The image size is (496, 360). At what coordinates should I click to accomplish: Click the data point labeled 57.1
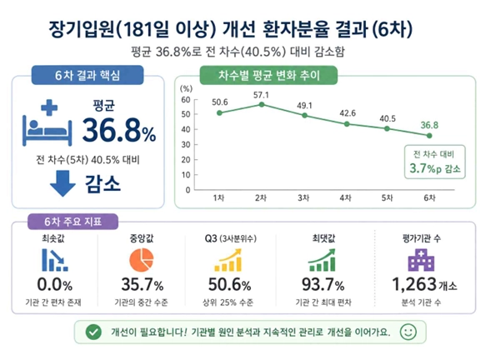[262, 104]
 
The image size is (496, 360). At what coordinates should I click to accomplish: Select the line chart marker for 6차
[429, 136]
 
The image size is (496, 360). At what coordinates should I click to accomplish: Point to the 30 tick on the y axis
[186, 144]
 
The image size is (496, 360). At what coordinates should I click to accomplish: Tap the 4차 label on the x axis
[345, 198]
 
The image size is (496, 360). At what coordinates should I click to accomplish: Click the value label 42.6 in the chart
[348, 113]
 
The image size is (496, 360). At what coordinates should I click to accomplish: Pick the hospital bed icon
[48, 122]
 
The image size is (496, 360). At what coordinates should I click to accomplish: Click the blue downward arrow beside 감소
[63, 183]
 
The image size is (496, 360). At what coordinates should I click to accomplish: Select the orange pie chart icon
[142, 260]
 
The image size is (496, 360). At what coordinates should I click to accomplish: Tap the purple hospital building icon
[421, 260]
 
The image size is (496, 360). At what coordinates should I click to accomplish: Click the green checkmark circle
[93, 332]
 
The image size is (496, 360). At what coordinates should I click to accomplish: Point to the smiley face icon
[408, 332]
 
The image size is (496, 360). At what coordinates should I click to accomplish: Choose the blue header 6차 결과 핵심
[88, 75]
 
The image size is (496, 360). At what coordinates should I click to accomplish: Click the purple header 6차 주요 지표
[73, 222]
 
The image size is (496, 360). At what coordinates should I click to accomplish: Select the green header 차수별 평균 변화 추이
[269, 75]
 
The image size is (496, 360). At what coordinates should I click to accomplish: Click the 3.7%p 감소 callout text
[435, 168]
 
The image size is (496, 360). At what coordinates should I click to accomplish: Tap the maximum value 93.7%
[323, 285]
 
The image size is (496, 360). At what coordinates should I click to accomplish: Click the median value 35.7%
[143, 285]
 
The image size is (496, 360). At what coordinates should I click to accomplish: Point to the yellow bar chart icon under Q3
[228, 260]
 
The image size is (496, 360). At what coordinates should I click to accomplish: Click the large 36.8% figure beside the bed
[119, 130]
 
